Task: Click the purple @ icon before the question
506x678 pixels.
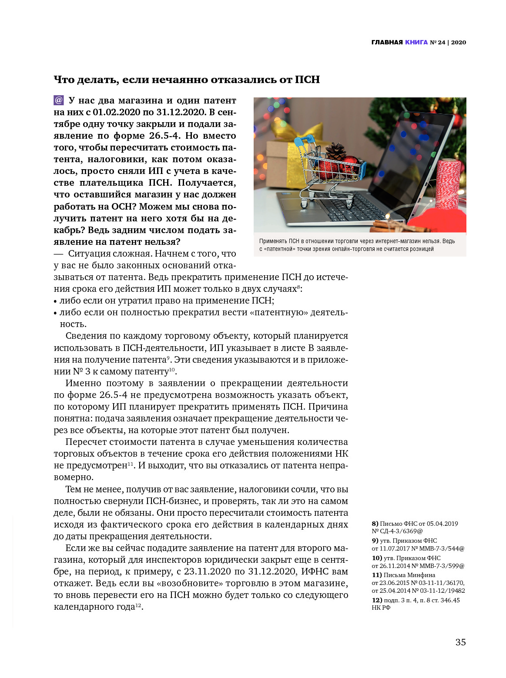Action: tap(59, 100)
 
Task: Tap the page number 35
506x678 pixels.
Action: tap(460, 642)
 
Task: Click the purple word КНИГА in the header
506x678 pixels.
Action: tap(416, 42)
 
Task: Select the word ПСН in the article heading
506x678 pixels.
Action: tap(307, 80)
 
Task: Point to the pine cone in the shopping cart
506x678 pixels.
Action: tap(335, 152)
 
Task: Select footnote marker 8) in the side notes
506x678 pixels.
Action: tap(375, 524)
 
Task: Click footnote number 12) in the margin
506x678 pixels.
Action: tap(376, 600)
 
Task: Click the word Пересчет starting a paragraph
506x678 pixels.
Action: tap(85, 442)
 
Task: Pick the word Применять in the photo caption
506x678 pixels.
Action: tap(273, 241)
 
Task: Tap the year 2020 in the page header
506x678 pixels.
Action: tap(458, 42)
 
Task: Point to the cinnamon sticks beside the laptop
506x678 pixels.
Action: tap(392, 226)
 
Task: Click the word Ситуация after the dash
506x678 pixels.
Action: tap(89, 254)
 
